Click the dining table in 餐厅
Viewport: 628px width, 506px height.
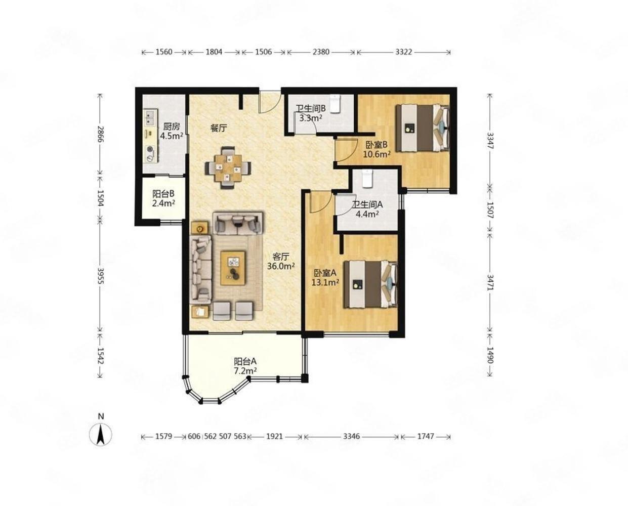(x=228, y=168)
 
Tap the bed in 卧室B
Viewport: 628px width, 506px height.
(x=423, y=128)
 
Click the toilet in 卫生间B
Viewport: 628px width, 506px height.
(x=336, y=103)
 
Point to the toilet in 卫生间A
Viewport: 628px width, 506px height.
(x=367, y=178)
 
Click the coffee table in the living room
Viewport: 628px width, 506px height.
(x=233, y=268)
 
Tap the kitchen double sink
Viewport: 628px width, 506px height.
(x=149, y=117)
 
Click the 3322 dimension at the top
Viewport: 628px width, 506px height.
(x=404, y=52)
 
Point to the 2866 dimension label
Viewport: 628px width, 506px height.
(x=100, y=134)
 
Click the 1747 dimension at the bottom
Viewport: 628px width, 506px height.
(x=426, y=436)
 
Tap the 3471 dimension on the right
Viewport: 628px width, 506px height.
(x=490, y=282)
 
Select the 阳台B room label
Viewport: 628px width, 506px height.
(x=163, y=193)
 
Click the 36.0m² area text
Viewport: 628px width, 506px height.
(x=281, y=266)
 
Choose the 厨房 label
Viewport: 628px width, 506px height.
(x=172, y=126)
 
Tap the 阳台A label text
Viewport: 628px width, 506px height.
(x=245, y=362)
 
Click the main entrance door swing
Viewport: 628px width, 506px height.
(x=270, y=102)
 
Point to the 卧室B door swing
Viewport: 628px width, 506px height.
(x=346, y=151)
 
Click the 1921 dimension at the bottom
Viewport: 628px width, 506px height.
(x=275, y=436)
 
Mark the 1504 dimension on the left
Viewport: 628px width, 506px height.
(x=100, y=198)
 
